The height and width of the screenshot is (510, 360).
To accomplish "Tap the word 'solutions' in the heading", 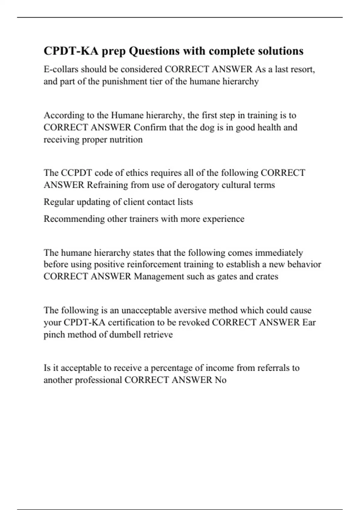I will point(280,51).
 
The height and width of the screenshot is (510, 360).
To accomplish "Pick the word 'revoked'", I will point(194,322).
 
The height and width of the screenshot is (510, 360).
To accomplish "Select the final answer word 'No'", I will point(220,380).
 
